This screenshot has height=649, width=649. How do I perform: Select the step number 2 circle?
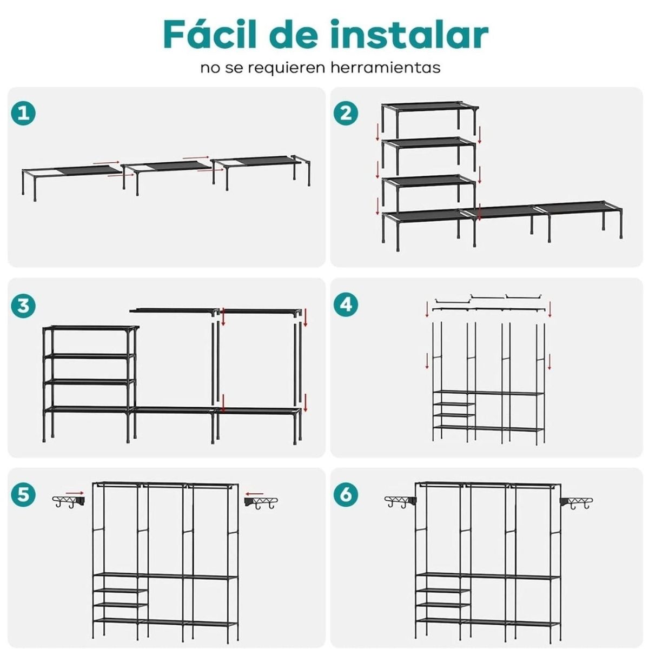pos(346,114)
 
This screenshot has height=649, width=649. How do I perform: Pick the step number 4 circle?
pos(346,305)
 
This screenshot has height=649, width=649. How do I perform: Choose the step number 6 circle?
pos(346,495)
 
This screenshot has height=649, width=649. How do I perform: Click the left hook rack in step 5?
pos(68,502)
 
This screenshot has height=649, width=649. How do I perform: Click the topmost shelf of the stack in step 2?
pos(430,105)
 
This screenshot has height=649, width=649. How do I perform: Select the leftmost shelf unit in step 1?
pos(70,173)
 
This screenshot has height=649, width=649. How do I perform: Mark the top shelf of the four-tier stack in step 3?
pos(90,328)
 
